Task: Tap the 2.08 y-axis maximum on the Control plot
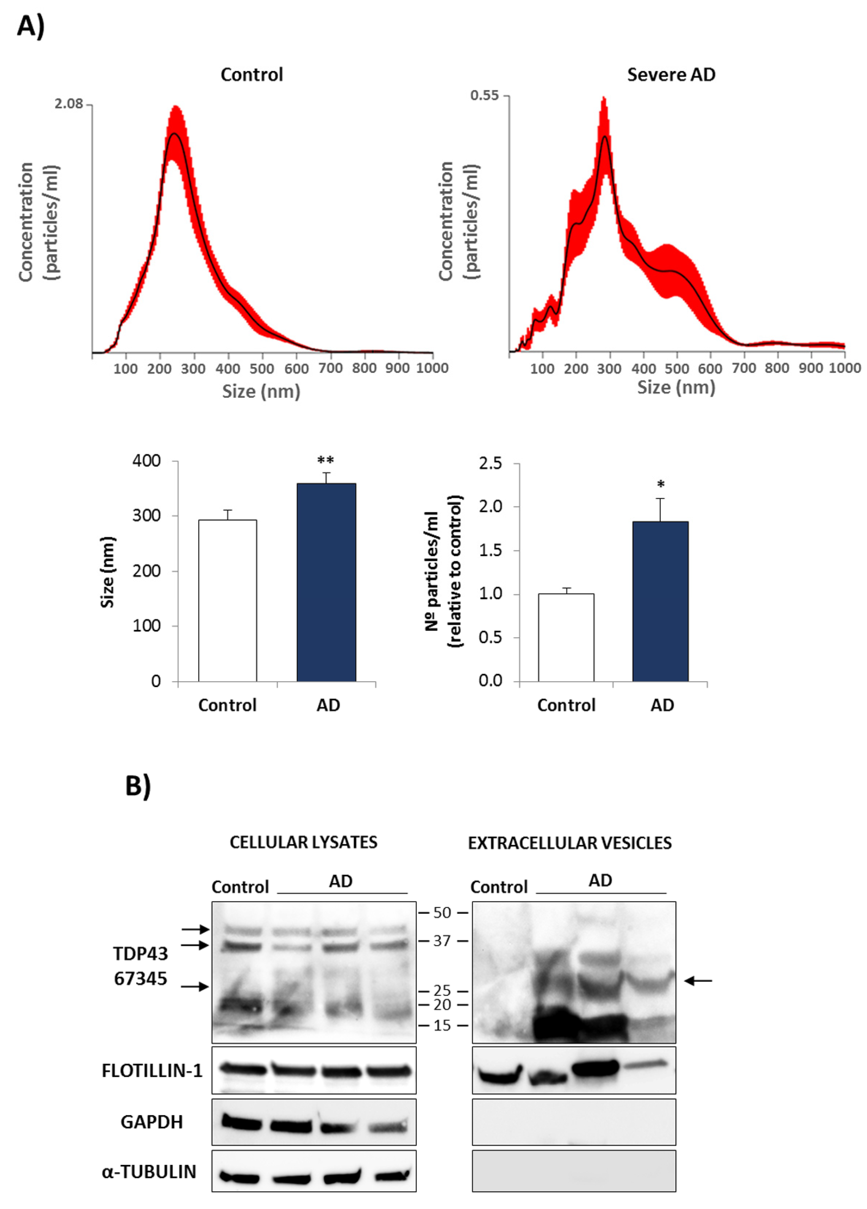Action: click(69, 103)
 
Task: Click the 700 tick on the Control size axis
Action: click(330, 368)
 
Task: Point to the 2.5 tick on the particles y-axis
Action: click(490, 463)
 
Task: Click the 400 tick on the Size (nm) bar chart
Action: click(146, 460)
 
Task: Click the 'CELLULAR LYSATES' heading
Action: click(303, 842)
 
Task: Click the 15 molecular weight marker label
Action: click(442, 1025)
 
